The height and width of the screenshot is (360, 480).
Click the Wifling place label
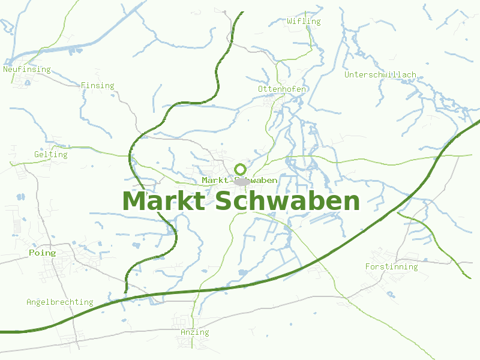click(x=304, y=22)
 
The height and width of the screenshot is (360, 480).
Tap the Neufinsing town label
click(x=27, y=70)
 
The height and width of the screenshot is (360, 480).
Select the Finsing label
click(x=97, y=86)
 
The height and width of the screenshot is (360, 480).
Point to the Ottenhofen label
click(x=282, y=89)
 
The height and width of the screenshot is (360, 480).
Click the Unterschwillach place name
click(x=380, y=75)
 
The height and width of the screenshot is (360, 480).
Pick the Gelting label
click(x=51, y=155)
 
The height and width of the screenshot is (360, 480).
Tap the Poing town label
click(x=42, y=253)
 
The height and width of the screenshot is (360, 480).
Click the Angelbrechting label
click(x=59, y=302)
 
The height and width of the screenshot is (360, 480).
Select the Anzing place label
click(x=195, y=332)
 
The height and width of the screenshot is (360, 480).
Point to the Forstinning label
click(x=391, y=267)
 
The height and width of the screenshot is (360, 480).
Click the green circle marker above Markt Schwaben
click(x=241, y=169)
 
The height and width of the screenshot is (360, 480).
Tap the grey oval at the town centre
click(x=242, y=181)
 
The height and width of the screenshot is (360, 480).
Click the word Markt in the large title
click(x=164, y=201)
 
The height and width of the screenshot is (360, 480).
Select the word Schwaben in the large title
click(x=286, y=201)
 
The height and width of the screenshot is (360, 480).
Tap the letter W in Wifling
click(x=290, y=22)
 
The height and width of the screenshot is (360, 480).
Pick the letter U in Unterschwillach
click(x=347, y=75)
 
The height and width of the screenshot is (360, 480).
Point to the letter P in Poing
click(x=32, y=253)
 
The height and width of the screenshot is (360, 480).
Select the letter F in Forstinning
click(x=368, y=267)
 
